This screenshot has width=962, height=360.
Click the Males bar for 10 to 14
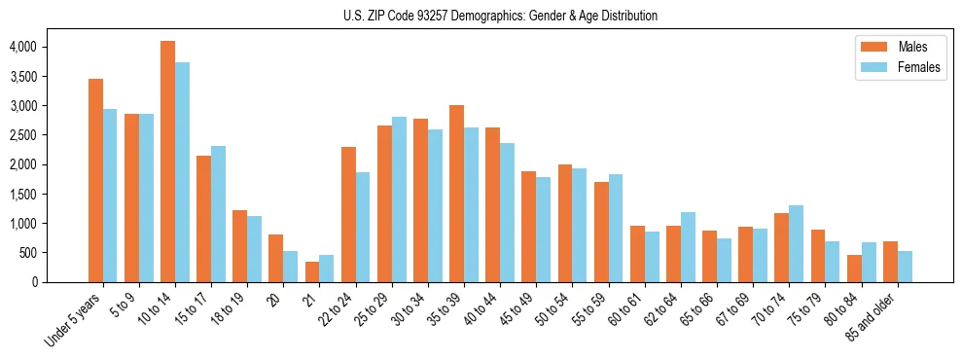point(167,162)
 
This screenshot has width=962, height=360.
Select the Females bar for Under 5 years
point(110,196)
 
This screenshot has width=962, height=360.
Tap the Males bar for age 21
point(312,271)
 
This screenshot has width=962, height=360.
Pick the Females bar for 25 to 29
point(399,199)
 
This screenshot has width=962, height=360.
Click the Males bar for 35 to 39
point(456,194)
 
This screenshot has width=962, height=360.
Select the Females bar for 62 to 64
point(688,247)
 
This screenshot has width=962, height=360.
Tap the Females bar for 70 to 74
point(797,243)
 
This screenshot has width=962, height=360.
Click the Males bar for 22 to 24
point(348,214)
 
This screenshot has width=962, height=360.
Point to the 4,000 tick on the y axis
point(22,47)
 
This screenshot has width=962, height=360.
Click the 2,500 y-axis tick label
point(22,135)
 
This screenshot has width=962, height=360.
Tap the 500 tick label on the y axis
point(26,253)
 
